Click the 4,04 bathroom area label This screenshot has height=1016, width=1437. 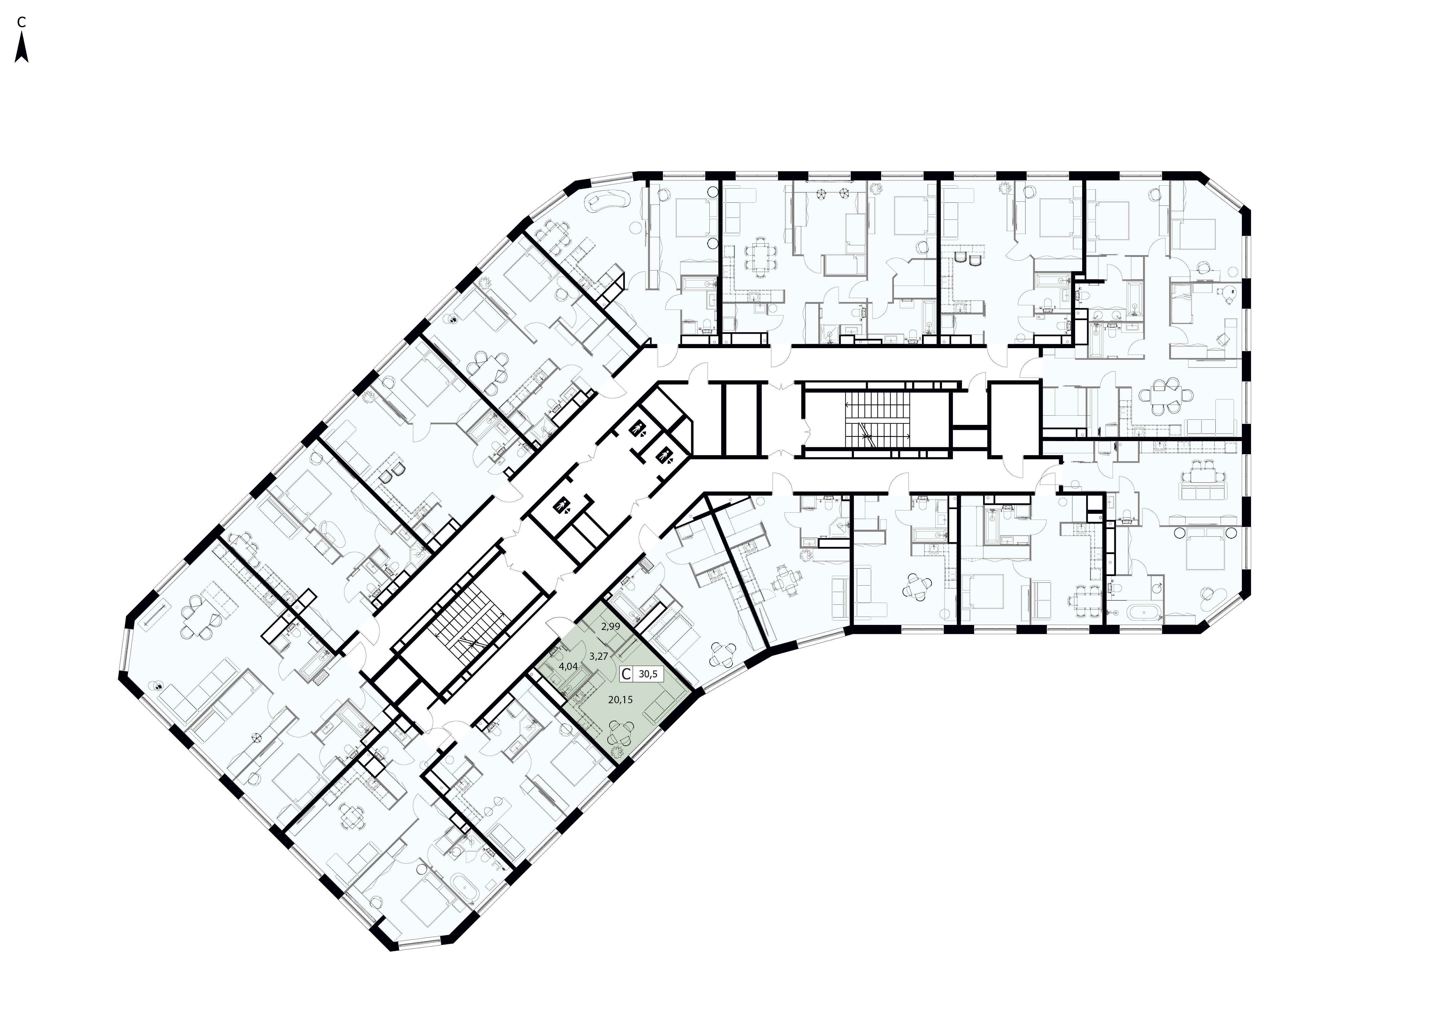coord(568,667)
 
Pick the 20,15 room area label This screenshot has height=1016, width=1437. coord(620,700)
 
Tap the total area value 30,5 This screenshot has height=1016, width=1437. coord(648,675)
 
